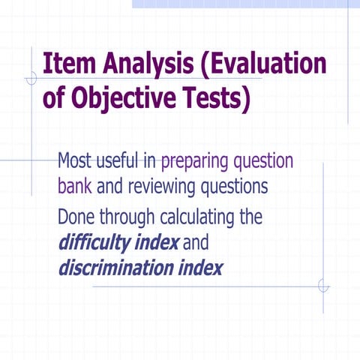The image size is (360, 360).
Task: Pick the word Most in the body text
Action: point(76,161)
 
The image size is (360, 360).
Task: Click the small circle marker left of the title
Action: point(31,78)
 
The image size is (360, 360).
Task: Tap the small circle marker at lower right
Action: point(323,285)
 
